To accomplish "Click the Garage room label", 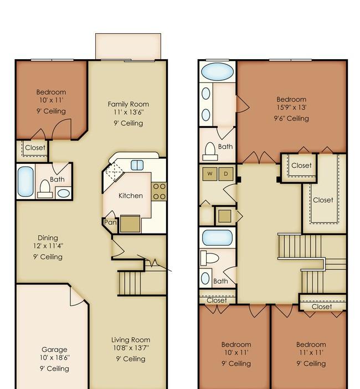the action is coord(54,350).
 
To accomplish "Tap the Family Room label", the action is coord(128,104).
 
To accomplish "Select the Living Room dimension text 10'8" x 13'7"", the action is coord(131,348).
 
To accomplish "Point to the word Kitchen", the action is coord(131,196).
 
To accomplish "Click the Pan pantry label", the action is coord(110,222).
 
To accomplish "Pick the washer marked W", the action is coord(210,174).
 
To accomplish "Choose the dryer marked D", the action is coord(225,174).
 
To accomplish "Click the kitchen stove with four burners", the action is coord(159,191).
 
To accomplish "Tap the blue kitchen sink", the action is coord(137,165).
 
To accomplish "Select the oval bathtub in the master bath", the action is coord(217,72).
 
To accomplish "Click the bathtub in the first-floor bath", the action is coord(25,181).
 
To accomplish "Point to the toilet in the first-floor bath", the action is coord(45,189).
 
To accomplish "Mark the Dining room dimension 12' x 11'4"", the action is coord(48,246).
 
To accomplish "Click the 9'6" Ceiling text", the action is coord(291,118).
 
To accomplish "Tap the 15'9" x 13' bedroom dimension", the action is coord(291,107).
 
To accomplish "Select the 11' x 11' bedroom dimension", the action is coord(311,352).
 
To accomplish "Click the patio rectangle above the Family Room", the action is coord(128,46).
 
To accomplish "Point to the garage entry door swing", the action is coord(76,297).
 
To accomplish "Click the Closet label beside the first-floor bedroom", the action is coord(35,148).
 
